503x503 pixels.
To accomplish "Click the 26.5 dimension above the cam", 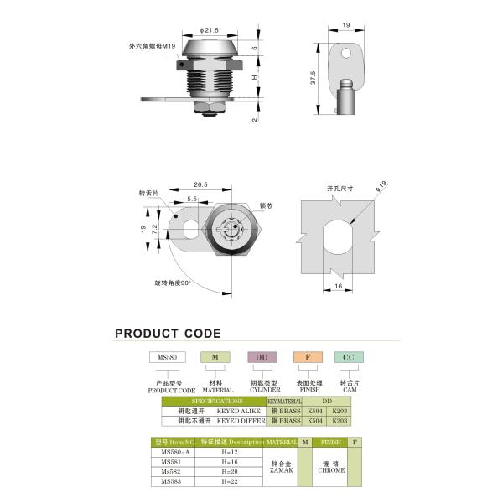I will tap(200, 184).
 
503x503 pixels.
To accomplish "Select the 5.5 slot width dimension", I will tap(192, 199).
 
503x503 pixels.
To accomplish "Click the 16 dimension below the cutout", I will tap(338, 286).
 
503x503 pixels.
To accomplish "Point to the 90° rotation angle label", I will tap(173, 283).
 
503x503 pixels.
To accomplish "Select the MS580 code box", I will tap(166, 357).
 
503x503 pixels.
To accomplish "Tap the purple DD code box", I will tap(262, 357).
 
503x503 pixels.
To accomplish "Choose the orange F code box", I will tap(308, 357).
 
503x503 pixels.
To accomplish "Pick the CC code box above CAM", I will tap(349, 357).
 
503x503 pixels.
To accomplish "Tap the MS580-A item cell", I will tap(176, 451).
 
